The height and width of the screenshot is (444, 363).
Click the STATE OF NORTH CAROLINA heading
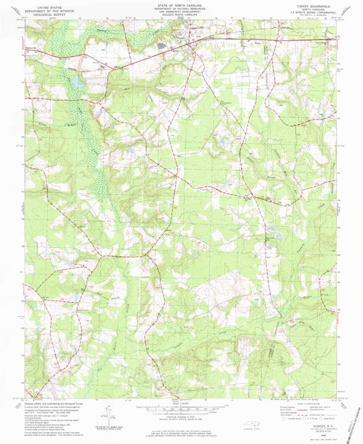[181, 4]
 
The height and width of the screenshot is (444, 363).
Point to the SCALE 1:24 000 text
[181, 407]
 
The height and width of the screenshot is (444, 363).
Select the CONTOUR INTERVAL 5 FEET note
[181, 419]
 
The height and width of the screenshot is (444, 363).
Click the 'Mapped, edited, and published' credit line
[54, 403]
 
